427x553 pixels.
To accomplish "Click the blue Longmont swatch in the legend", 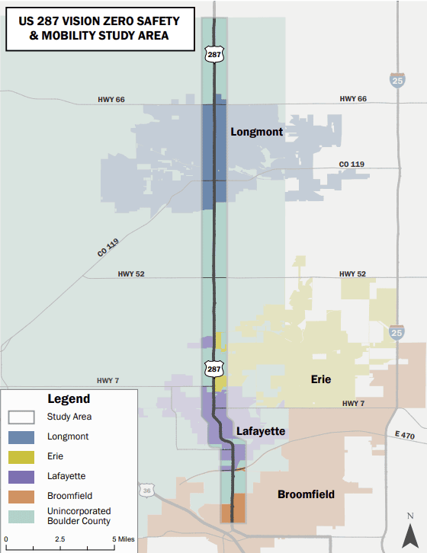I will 21,437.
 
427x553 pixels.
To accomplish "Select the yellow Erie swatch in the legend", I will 21,457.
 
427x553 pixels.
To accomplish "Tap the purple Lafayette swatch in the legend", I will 21,477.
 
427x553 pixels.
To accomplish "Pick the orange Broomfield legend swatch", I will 21,497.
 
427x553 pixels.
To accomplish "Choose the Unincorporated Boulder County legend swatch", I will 21,516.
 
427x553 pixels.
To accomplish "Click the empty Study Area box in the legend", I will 21,417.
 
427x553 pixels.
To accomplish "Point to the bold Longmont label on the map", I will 256,132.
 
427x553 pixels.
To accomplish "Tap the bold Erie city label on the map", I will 321,379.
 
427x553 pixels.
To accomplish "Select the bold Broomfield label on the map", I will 306,494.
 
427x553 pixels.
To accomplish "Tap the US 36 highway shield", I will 146,490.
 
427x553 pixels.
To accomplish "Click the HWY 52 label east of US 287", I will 352,273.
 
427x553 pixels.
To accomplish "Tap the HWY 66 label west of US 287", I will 111,100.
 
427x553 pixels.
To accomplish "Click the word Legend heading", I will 69,398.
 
